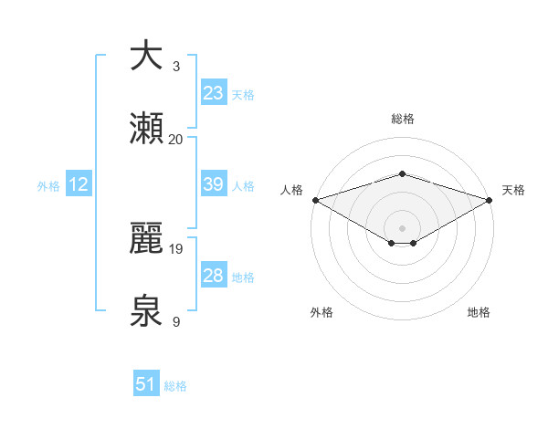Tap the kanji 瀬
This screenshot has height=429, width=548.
click(146, 129)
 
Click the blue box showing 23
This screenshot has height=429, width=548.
click(214, 93)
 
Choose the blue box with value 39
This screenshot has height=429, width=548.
click(214, 184)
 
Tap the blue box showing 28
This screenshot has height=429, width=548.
click(214, 276)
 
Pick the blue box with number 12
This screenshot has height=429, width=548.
click(79, 184)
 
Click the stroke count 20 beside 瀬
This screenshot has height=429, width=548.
click(175, 139)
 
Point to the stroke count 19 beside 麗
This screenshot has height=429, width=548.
click(175, 248)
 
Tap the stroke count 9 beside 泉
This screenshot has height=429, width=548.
click(175, 322)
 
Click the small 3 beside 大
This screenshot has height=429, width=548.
click(175, 66)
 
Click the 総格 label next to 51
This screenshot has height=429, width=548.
click(175, 386)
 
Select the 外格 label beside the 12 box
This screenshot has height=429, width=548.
click(48, 185)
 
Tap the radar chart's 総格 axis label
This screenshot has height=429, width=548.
click(402, 119)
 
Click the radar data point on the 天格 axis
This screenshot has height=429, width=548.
click(490, 199)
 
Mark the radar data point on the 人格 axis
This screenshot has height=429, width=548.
click(314, 199)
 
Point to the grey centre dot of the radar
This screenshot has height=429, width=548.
click(402, 227)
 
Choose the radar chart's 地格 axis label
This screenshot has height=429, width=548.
click(479, 312)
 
